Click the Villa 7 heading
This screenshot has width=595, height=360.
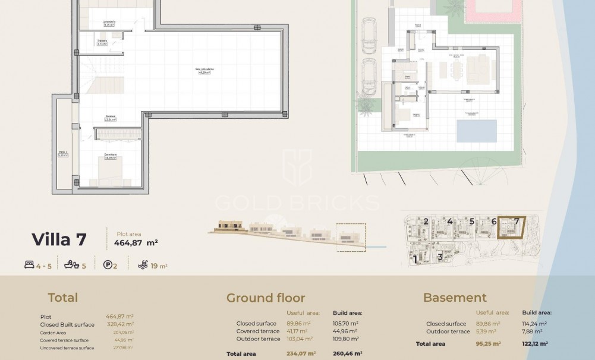coord(59,239)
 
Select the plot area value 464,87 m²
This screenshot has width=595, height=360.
coord(136,242)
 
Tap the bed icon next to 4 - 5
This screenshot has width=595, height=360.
coord(29,266)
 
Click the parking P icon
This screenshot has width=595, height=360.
coord(108,266)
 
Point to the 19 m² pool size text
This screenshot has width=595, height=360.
coord(159,266)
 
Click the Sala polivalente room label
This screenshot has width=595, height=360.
coord(204,70)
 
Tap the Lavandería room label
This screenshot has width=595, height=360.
coord(109,23)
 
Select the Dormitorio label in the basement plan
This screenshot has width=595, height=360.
coord(111,156)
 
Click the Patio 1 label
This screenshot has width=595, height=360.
coord(63,153)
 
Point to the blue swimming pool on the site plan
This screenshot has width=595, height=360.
coord(477,131)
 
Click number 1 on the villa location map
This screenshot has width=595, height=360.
coord(415,258)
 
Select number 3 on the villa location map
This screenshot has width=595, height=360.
coord(439,257)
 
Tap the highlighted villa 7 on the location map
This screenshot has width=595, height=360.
coord(511,229)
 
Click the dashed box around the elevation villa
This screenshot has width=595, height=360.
coord(351,237)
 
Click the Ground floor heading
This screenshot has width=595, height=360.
coord(265,298)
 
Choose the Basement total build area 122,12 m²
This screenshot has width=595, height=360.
coord(535,343)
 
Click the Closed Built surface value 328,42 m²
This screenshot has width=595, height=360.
coord(119,324)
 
